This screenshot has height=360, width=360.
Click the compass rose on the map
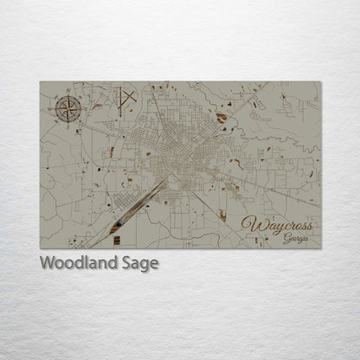click(67, 109)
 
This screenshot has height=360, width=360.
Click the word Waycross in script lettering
click(279, 225)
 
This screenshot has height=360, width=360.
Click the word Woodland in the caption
click(78, 264)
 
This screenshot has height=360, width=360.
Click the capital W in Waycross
click(253, 225)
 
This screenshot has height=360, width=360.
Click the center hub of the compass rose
click(67, 109)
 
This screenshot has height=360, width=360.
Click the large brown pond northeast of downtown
click(222, 117)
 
